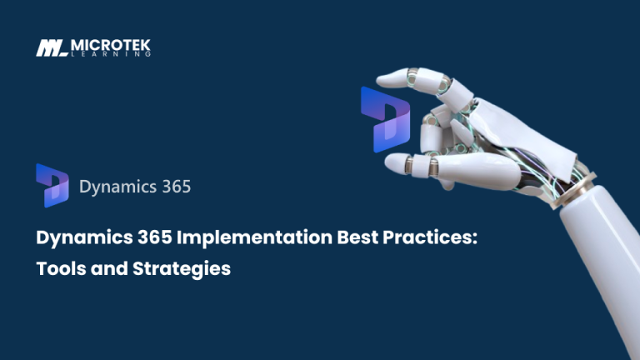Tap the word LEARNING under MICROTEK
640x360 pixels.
111,53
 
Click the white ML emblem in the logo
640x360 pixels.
52,47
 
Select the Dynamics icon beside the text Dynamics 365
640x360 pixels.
52,184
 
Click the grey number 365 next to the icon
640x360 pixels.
172,186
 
